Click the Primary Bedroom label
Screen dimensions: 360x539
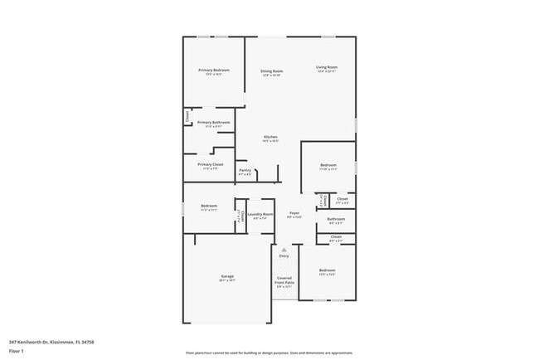coord(213,71)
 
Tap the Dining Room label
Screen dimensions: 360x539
coord(271,72)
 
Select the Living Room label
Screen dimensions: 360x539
coord(326,68)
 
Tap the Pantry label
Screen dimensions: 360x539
coord(245,172)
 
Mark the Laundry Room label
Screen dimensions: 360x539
coord(260,216)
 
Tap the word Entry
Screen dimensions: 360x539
coord(284,256)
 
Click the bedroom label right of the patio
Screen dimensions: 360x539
coord(328,271)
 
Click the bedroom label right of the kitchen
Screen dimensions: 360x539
coord(328,167)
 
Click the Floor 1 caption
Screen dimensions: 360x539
coord(16,351)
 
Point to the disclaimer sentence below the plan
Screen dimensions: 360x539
coord(269,353)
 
